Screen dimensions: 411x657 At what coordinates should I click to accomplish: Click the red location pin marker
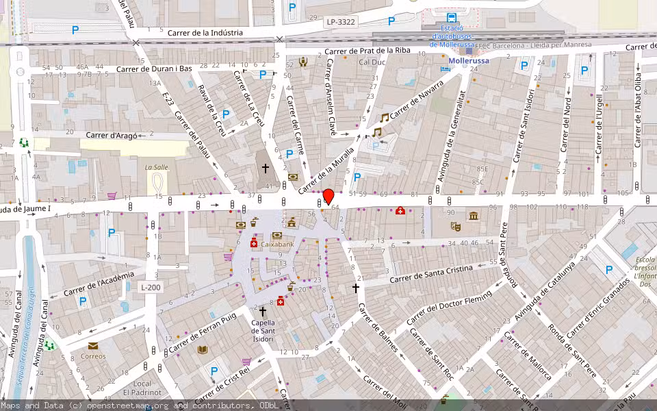328,196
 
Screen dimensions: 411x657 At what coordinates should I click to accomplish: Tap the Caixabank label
276,244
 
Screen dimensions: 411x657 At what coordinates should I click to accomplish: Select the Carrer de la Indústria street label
205,32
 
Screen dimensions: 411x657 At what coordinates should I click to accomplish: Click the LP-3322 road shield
341,22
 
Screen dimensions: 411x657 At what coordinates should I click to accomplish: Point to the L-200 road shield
151,287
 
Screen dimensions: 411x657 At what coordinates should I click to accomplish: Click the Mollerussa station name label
469,60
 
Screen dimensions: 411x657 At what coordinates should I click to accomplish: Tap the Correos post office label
94,356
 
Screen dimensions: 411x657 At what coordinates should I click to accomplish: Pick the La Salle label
156,167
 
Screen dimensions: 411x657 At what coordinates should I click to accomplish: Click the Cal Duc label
372,62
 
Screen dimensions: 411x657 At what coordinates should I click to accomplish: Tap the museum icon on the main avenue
474,216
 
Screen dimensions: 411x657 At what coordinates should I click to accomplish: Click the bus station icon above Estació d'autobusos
451,18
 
